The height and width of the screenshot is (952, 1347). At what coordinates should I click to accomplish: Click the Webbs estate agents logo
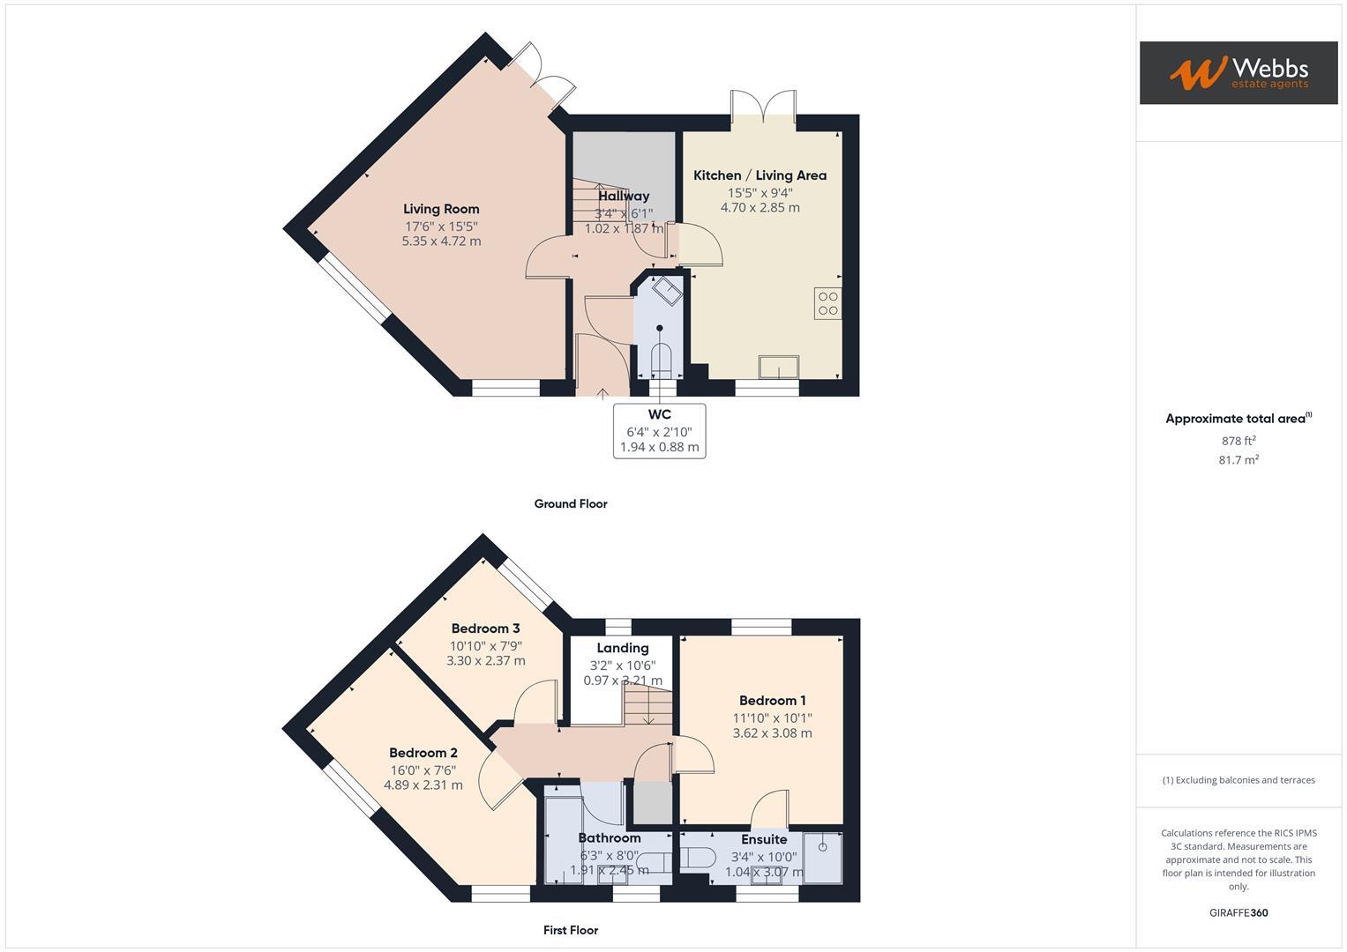1238,72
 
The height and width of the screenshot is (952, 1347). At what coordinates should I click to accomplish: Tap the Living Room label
441,209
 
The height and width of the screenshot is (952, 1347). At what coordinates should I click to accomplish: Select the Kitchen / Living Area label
760,175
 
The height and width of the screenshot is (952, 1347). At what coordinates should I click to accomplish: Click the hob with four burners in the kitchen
827,303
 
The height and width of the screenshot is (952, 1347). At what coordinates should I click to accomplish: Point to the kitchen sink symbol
779,366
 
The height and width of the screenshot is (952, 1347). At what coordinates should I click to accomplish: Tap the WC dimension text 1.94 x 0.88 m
659,447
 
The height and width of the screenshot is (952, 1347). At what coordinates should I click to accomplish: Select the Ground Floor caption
571,504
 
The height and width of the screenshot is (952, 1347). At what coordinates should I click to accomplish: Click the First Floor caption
571,930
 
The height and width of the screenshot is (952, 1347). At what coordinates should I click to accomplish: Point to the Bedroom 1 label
772,701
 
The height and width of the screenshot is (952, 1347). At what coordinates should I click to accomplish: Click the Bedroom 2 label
423,753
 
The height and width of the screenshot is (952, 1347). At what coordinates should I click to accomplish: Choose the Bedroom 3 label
485,628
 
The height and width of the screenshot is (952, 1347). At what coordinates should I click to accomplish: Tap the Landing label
622,648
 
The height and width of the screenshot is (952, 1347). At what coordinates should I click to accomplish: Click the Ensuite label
763,839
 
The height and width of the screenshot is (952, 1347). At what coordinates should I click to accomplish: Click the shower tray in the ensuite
822,857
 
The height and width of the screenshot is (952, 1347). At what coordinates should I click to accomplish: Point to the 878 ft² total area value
1238,441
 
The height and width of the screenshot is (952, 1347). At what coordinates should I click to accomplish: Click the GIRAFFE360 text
1238,912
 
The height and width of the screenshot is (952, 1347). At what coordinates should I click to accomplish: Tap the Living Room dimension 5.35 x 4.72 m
441,241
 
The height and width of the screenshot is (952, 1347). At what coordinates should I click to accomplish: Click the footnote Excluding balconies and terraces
1238,780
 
